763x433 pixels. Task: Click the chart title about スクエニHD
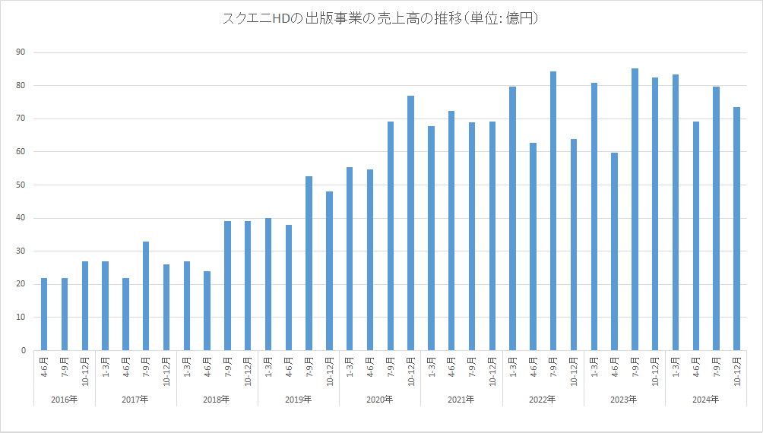[381, 19]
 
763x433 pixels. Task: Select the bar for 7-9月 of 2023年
[635, 210]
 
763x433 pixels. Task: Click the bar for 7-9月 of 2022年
[553, 211]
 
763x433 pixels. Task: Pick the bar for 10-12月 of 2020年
[410, 223]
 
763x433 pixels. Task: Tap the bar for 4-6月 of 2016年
[44, 314]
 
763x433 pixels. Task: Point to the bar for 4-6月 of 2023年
[614, 251]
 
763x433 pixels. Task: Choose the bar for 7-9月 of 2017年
[146, 296]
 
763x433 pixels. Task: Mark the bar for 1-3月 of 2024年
[676, 213]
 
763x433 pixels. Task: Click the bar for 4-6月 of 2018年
[207, 311]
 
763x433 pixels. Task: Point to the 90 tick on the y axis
[21, 52]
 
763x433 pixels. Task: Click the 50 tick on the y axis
[21, 185]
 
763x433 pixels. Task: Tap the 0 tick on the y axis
[23, 351]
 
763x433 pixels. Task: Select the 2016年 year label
[64, 399]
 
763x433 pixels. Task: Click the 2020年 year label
[380, 399]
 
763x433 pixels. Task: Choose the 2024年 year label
[706, 399]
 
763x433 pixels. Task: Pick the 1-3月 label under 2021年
[432, 369]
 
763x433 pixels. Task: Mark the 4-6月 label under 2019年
[289, 369]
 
